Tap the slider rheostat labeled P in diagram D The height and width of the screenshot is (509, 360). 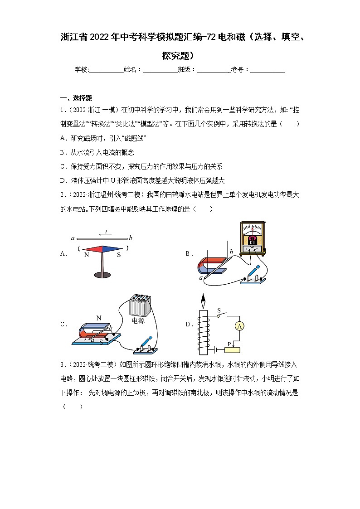point(234,349)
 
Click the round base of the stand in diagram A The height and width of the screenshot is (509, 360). point(105,274)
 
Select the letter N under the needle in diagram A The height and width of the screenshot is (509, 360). point(86,255)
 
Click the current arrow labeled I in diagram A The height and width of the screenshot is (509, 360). point(106,233)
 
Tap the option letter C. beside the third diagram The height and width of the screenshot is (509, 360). point(64,324)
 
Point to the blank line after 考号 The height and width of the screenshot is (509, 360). point(268,70)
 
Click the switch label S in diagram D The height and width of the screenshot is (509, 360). point(218,310)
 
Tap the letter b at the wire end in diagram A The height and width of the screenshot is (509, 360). point(131,238)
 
